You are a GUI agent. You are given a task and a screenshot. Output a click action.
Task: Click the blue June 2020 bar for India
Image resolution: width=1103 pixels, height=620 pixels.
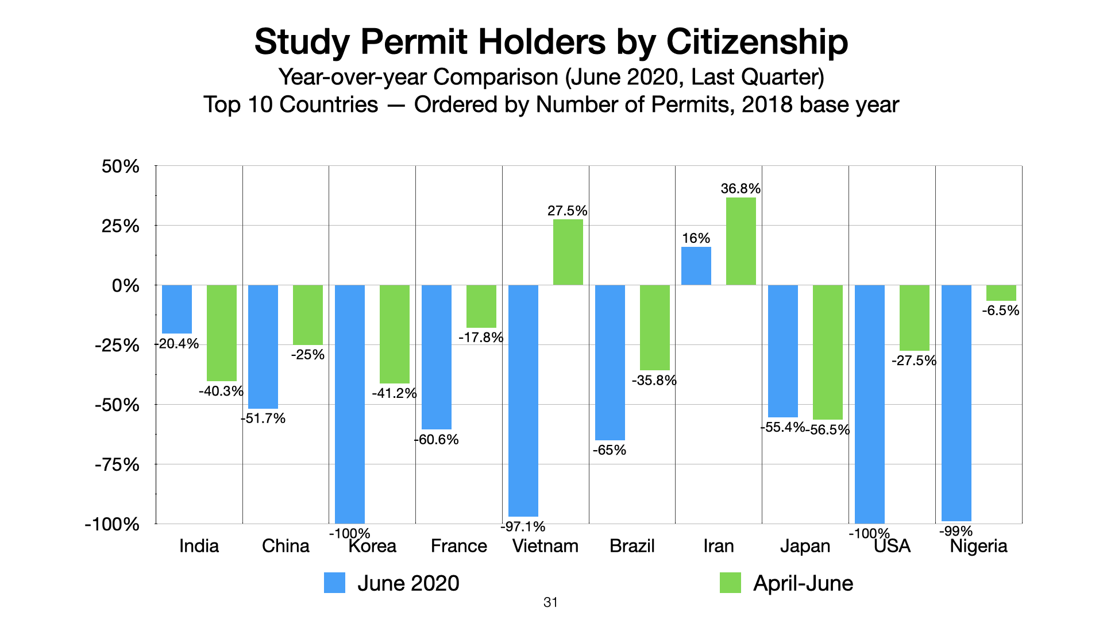(x=177, y=309)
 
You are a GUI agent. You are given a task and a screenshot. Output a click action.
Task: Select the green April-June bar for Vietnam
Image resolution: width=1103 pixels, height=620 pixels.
(x=568, y=252)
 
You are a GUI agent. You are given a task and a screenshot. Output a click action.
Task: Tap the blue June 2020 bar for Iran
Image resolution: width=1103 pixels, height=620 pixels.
(x=696, y=266)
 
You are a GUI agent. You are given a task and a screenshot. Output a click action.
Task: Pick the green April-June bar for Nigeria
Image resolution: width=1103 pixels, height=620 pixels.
(x=1001, y=293)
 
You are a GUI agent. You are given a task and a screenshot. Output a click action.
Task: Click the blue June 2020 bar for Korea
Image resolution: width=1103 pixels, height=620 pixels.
(x=350, y=404)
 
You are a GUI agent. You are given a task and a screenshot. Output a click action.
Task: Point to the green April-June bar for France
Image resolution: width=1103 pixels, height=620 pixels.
(x=481, y=306)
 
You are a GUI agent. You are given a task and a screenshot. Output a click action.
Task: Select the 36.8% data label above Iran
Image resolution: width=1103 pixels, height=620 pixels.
(x=741, y=188)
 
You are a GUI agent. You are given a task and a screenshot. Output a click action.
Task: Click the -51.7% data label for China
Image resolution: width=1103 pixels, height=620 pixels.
(x=263, y=418)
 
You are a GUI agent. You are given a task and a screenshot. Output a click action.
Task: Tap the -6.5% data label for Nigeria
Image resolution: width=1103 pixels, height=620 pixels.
(x=1000, y=311)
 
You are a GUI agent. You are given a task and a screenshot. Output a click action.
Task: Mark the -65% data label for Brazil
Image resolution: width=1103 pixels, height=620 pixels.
(x=610, y=450)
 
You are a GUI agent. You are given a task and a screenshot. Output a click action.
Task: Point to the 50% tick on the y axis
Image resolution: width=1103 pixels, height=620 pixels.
(x=121, y=166)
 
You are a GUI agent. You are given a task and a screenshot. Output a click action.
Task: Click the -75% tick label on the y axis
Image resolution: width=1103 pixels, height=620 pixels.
(x=117, y=464)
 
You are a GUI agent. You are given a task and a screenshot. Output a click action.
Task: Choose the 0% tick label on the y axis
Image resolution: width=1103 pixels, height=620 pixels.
(x=126, y=285)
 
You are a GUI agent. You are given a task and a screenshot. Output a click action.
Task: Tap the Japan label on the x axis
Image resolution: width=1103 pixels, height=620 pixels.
(x=805, y=546)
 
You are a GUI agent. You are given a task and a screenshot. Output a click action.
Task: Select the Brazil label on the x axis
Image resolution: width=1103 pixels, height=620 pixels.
(x=632, y=546)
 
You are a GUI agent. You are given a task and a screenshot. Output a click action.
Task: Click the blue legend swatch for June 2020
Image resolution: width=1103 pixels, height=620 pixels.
(x=334, y=583)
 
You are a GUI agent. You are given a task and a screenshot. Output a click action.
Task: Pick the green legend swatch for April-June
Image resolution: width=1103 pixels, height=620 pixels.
(x=730, y=583)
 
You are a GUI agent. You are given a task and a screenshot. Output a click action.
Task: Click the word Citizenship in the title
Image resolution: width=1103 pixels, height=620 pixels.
(x=757, y=42)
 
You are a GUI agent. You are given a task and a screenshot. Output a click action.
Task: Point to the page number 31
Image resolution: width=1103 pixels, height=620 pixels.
(x=550, y=602)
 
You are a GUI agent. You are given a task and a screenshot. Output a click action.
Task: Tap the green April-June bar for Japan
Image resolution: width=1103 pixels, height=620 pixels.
(x=827, y=352)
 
